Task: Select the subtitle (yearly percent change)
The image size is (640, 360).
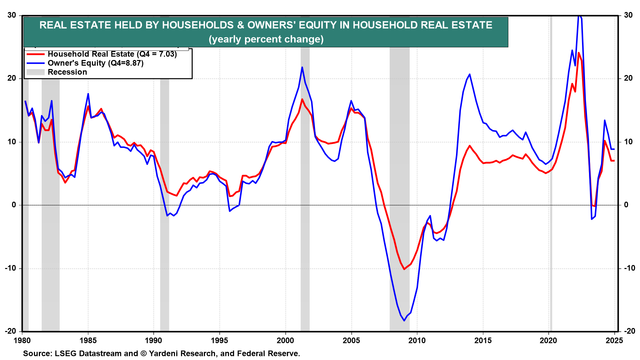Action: [266, 39]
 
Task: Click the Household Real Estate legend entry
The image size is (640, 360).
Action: [112, 54]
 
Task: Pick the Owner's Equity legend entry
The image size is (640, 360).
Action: [95, 63]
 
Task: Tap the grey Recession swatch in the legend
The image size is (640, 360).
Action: [35, 72]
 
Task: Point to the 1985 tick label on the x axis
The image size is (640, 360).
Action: [88, 340]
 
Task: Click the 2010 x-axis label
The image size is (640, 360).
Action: [417, 340]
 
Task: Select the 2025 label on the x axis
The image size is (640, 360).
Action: [614, 340]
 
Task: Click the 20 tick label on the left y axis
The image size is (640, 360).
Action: [12, 78]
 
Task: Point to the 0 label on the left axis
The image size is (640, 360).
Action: [14, 205]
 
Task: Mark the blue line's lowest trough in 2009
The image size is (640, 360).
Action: [404, 321]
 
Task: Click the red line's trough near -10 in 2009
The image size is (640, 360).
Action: [404, 269]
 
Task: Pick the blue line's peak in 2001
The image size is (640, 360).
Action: [302, 67]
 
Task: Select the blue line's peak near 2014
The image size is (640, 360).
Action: [469, 74]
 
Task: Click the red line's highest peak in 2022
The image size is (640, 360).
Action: [579, 53]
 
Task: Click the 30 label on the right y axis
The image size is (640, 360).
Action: [628, 15]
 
